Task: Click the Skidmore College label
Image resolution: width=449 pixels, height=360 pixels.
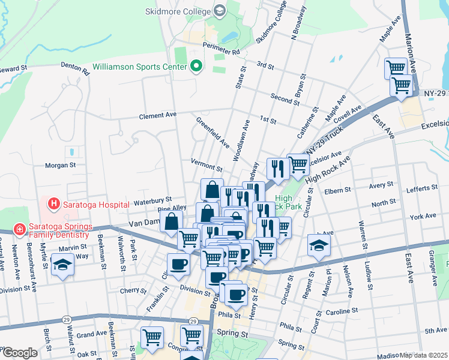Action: pos(178,11)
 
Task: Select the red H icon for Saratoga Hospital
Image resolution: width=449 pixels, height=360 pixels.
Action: pos(54,204)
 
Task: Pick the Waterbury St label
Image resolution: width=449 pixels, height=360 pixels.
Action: pos(152,199)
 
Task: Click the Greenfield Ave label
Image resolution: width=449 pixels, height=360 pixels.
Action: pos(213,133)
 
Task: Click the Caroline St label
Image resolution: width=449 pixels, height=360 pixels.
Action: pos(341,311)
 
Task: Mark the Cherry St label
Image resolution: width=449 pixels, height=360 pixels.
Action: pos(130,290)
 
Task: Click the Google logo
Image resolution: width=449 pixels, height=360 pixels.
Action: pos(20,353)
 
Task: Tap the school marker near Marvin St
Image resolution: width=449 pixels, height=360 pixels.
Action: pos(62,265)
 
